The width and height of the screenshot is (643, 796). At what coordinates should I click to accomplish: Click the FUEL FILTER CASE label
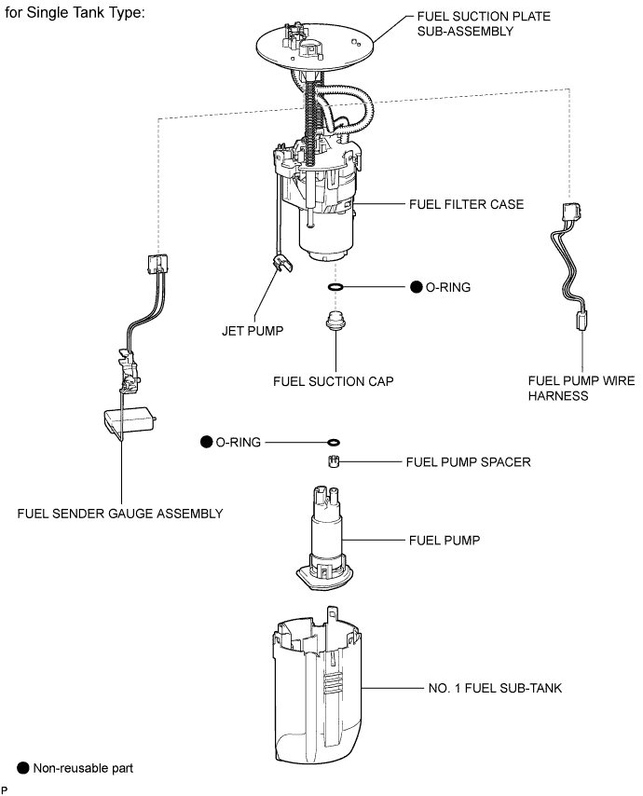(x=466, y=204)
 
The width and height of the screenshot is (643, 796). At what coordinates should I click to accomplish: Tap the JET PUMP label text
(x=253, y=331)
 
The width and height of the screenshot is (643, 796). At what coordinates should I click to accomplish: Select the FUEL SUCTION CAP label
(x=334, y=382)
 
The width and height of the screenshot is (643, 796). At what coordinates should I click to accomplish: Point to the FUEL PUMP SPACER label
(x=468, y=462)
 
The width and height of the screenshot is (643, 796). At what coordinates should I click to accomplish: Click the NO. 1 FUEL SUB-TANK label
(x=495, y=689)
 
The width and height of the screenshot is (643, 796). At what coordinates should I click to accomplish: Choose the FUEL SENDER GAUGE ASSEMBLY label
(x=120, y=514)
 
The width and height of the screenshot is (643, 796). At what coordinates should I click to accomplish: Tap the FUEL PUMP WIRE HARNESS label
(x=581, y=389)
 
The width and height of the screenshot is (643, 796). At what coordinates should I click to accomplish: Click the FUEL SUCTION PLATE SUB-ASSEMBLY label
(x=484, y=24)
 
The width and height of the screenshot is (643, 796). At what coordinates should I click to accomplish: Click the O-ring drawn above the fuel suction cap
(x=335, y=287)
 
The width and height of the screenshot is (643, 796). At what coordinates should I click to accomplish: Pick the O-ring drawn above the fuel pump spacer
(x=334, y=442)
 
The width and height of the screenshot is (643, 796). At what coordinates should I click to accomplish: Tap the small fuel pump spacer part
(x=333, y=461)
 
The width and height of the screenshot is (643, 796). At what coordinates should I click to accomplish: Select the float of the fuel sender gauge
(x=130, y=419)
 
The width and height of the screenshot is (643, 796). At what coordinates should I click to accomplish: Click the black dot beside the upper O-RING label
(x=417, y=287)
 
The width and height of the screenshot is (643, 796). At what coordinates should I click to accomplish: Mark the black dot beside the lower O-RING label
(x=207, y=442)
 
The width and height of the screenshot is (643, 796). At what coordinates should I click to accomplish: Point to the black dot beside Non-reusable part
(x=23, y=768)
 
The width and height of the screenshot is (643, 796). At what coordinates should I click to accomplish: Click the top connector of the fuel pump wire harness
(x=571, y=213)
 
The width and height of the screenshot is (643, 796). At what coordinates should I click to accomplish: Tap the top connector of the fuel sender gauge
(x=157, y=264)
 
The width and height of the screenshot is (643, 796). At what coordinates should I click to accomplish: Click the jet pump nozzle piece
(x=282, y=263)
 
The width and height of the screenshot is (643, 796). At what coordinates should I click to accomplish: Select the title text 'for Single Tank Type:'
(x=75, y=12)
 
